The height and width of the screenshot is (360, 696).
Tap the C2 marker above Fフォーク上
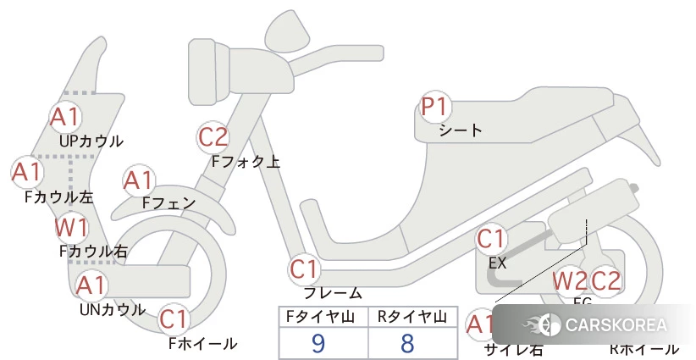(x=213, y=136)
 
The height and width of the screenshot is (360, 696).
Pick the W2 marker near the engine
(x=570, y=280)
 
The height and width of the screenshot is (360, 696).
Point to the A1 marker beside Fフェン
(x=138, y=180)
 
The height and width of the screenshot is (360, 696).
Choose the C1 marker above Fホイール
(x=174, y=320)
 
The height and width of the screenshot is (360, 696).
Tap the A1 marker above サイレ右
(x=480, y=324)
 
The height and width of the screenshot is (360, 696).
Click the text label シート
(x=461, y=130)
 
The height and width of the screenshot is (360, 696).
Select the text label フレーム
(x=333, y=293)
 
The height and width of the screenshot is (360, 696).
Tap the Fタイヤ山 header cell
(x=323, y=317)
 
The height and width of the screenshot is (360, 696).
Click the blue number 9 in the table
(x=318, y=342)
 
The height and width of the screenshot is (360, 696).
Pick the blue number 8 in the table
(x=408, y=342)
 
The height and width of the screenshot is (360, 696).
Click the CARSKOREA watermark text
(x=615, y=325)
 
